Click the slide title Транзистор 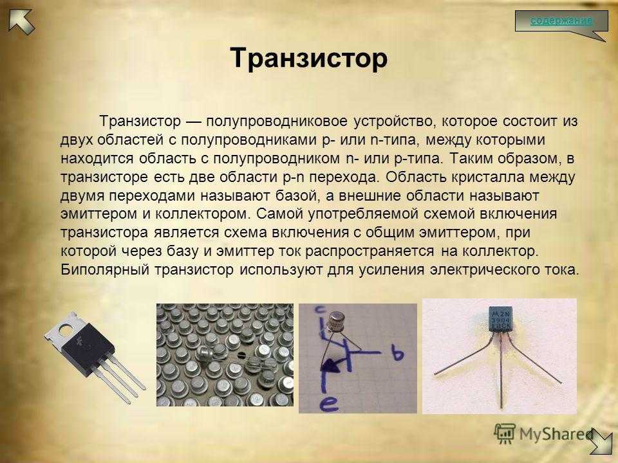coord(308,59)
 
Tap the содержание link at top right coord(561,20)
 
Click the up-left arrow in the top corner coord(22,21)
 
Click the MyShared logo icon coord(505,434)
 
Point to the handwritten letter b coord(397,352)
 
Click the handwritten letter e coord(329,404)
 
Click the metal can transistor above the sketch coord(337,322)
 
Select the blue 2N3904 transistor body coord(501,318)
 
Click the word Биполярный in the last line coord(105,270)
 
